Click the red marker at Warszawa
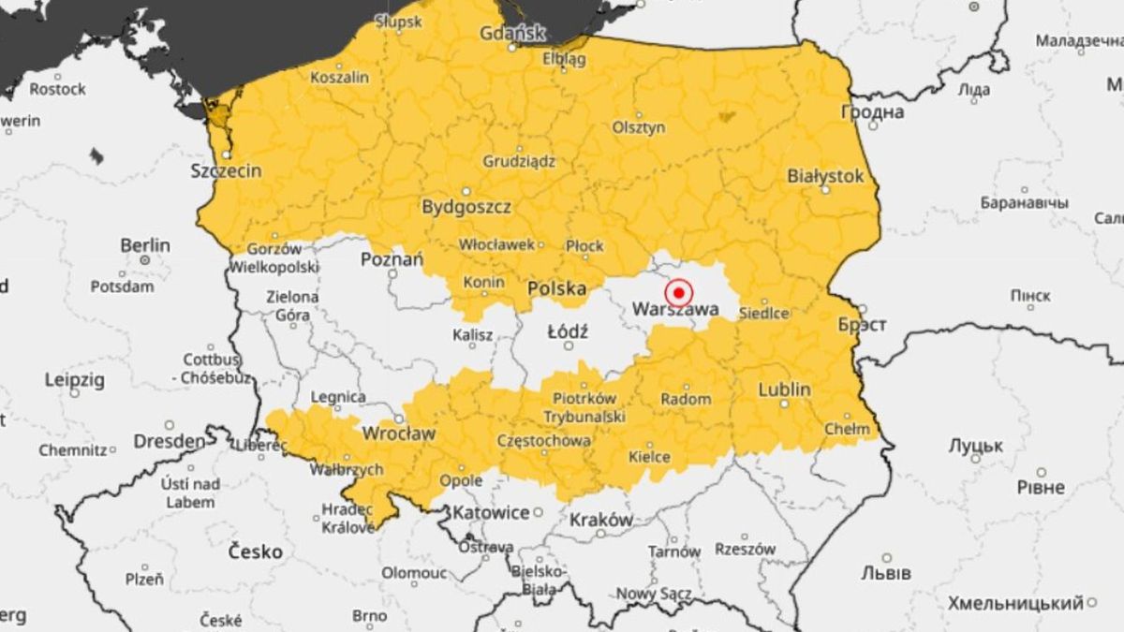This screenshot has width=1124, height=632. tap(678, 292)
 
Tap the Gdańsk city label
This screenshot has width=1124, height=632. tap(511, 33)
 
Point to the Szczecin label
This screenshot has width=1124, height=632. tap(226, 170)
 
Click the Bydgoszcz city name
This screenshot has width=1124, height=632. tap(466, 207)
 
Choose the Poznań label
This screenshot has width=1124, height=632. tap(392, 259)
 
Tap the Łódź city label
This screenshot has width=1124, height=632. tap(568, 331)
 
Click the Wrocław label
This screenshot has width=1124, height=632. tap(399, 434)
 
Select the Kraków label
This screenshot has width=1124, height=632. tap(600, 520)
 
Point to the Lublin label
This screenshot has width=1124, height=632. tap(785, 389)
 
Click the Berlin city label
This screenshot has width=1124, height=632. tap(145, 245)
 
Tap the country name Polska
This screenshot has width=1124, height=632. tap(557, 288)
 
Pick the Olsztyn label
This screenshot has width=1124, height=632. tap(639, 127)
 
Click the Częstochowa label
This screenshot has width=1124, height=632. tap(544, 440)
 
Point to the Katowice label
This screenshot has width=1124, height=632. tap(492, 513)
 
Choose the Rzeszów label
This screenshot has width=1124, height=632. tap(746, 550)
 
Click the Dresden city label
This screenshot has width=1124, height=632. tap(169, 441)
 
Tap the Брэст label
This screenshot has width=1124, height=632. tap(862, 325)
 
